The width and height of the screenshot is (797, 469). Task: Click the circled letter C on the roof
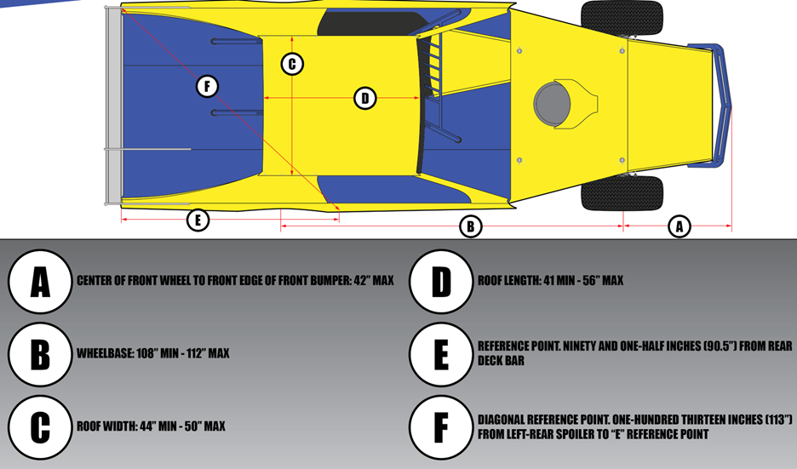(x=292, y=64)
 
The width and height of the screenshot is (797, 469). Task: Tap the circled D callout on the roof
(x=365, y=98)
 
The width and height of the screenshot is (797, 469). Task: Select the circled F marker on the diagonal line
(x=208, y=86)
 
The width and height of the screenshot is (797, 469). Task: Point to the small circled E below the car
(x=198, y=220)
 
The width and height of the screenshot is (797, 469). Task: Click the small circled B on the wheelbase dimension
(x=471, y=226)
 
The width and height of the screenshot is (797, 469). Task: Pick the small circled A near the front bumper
(x=679, y=226)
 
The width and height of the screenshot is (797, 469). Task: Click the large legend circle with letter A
(x=40, y=282)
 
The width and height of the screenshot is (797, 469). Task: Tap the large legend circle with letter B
(x=40, y=354)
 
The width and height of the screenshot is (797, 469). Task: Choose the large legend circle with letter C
(x=40, y=427)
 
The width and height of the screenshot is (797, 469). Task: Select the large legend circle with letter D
(x=441, y=282)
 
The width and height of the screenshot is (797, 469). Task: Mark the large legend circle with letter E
(x=441, y=354)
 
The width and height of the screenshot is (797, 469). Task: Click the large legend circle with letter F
(x=441, y=427)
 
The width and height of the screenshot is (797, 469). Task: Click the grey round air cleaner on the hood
(x=552, y=104)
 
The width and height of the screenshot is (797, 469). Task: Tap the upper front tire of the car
(x=622, y=17)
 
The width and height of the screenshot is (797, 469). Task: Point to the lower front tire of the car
(x=622, y=193)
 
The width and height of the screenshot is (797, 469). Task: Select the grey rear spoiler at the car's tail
(x=114, y=106)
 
